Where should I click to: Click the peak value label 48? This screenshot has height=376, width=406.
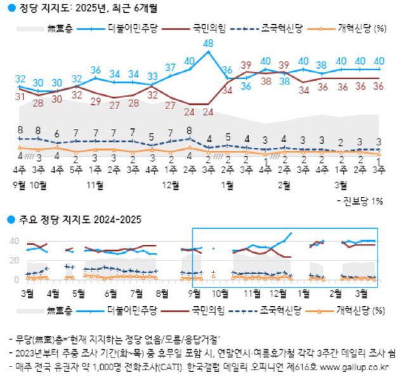click(x=208, y=44)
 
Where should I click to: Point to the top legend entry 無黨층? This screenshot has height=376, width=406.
click(x=60, y=29)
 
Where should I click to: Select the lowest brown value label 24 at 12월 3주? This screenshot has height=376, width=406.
click(x=208, y=112)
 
